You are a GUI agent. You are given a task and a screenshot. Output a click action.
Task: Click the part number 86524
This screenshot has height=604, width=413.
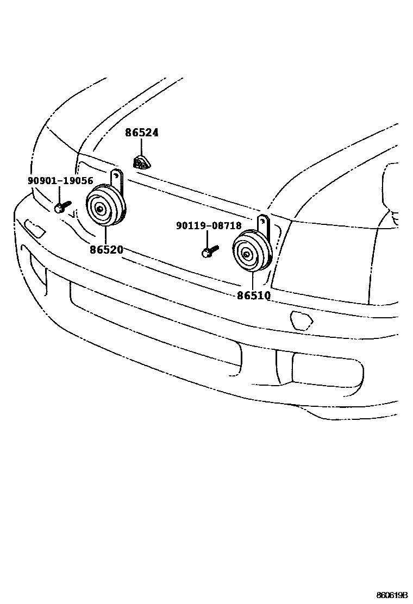click(x=142, y=133)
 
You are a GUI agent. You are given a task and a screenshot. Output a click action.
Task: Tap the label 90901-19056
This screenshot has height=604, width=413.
click(x=60, y=181)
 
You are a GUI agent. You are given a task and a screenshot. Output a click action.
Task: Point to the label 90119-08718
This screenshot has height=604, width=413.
click(x=209, y=225)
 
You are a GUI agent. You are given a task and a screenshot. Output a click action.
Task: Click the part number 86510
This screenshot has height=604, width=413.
click(x=254, y=295)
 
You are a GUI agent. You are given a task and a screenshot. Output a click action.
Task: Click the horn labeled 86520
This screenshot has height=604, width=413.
click(x=106, y=206)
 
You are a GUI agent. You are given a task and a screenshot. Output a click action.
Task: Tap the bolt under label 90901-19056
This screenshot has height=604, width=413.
click(x=61, y=207)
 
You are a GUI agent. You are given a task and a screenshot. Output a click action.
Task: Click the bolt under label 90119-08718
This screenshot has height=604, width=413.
click(x=209, y=251)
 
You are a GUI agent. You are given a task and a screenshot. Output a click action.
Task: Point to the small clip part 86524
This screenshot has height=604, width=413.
click(x=142, y=162)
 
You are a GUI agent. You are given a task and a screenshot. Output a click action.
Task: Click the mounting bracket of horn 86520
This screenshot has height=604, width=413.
click(x=116, y=177)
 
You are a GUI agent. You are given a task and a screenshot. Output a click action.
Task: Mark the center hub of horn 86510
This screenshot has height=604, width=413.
click(x=246, y=254)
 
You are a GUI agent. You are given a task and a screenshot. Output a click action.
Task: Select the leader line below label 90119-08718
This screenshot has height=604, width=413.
click(x=207, y=238)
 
